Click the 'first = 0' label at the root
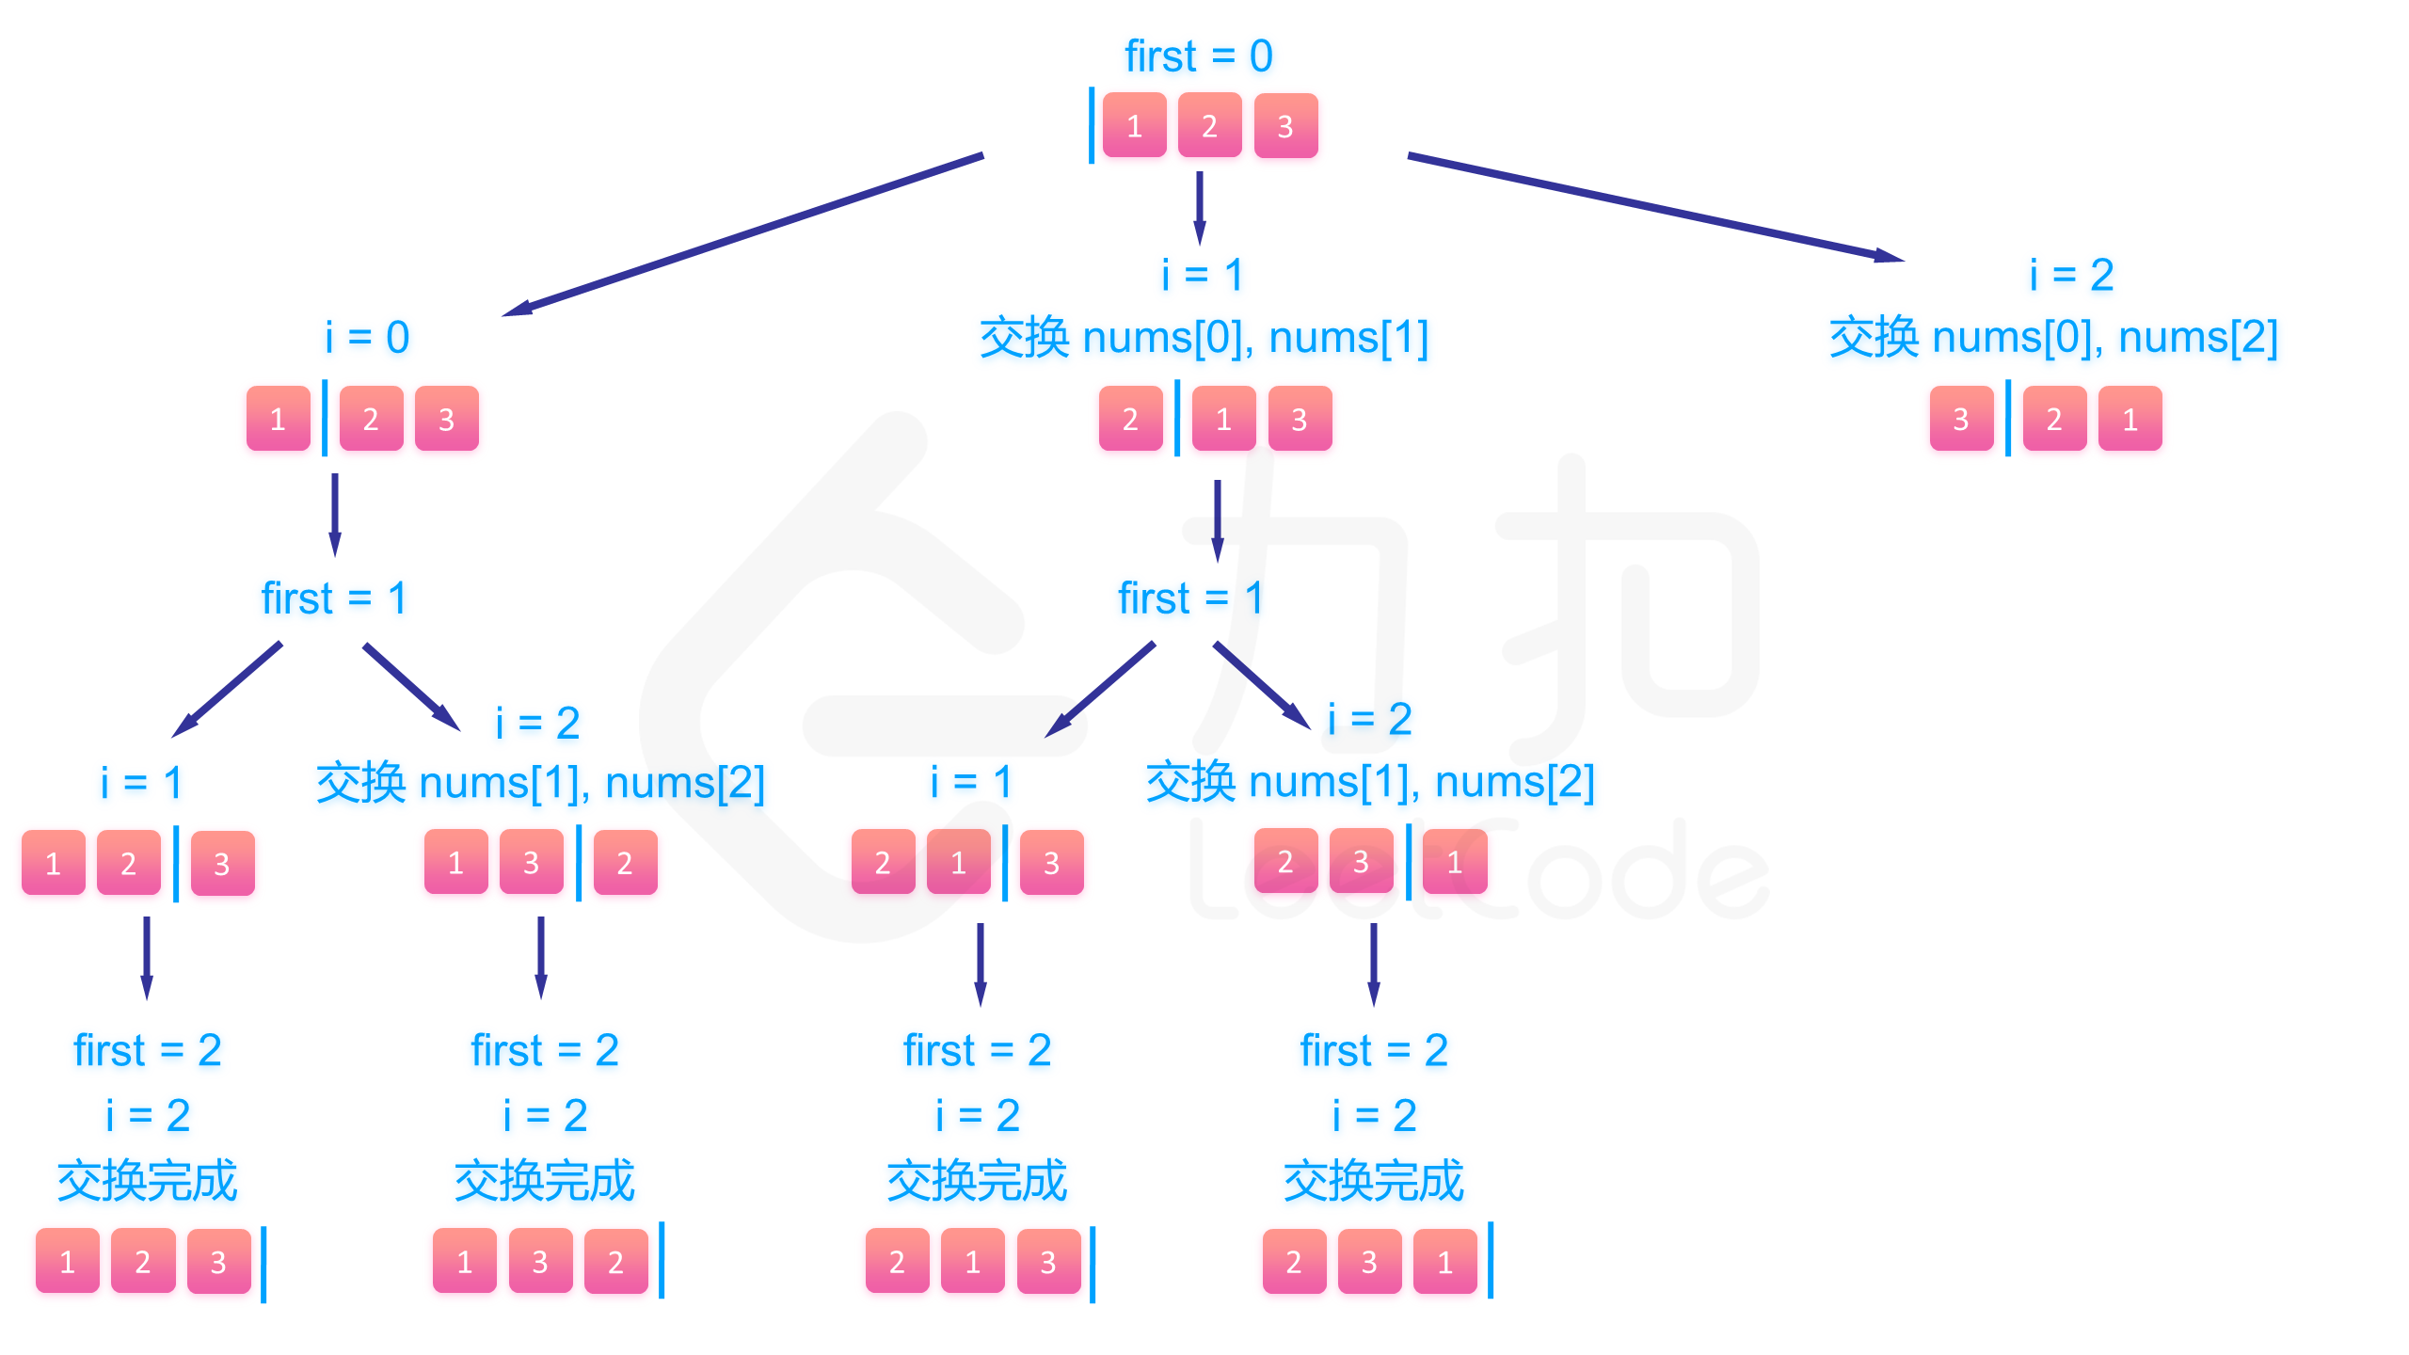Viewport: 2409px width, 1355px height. point(1198,56)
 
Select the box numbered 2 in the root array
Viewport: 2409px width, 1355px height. point(1209,125)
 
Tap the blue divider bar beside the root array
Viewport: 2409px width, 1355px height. point(1092,125)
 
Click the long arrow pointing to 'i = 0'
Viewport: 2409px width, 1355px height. point(743,234)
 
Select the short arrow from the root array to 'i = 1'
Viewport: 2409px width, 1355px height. point(1199,207)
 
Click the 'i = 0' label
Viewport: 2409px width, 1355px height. point(367,337)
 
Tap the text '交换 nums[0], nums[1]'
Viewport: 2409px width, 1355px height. point(1204,337)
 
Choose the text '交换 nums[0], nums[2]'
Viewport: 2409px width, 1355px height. point(2053,337)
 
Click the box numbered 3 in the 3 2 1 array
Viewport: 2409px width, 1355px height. point(1961,419)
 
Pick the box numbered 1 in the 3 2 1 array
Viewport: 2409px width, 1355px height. point(2130,419)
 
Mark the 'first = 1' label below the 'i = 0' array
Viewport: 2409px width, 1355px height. point(334,598)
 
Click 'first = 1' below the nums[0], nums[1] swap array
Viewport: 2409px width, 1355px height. point(1190,598)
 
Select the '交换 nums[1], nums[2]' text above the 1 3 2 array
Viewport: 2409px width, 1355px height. point(540,783)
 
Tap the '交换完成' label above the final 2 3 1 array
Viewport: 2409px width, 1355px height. point(1374,1181)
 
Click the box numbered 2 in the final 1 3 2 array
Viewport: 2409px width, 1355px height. point(615,1261)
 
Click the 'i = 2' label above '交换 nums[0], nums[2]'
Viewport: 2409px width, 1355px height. point(2072,275)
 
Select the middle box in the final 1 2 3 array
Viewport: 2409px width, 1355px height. point(143,1261)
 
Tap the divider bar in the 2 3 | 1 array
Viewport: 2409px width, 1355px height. point(1409,861)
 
